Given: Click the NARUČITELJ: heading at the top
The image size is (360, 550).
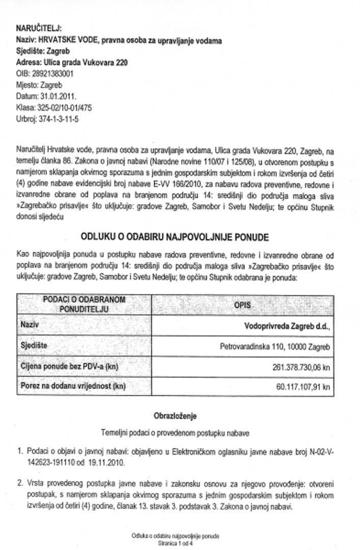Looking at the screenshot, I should pos(39,29).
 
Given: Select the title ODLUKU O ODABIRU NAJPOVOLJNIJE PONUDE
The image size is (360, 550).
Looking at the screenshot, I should pos(175,237).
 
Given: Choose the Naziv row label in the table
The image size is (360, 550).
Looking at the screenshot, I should pos(30,324).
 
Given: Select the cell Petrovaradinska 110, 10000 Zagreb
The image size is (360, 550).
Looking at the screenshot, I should pos(275,347).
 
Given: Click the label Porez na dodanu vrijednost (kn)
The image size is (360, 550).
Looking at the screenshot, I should pos(73,386).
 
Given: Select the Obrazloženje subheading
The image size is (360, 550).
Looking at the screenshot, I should pos(175,416).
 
